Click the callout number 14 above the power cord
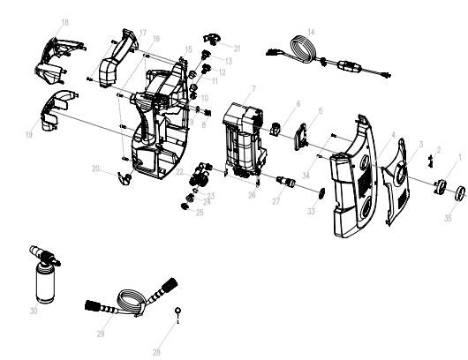[x=311, y=32]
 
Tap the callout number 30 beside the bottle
[x=33, y=310]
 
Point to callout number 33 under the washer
[x=311, y=212]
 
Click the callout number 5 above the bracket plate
[x=321, y=110]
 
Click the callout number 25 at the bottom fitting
[x=200, y=212]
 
